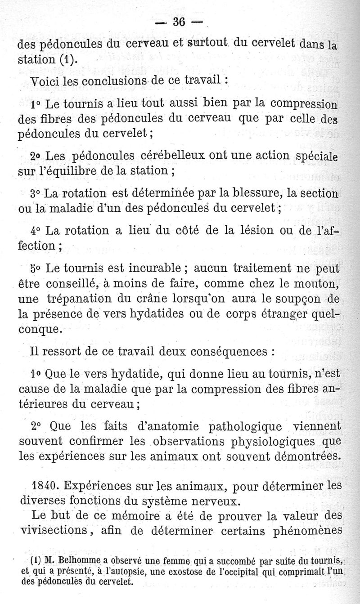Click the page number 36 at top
coord(180,22)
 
